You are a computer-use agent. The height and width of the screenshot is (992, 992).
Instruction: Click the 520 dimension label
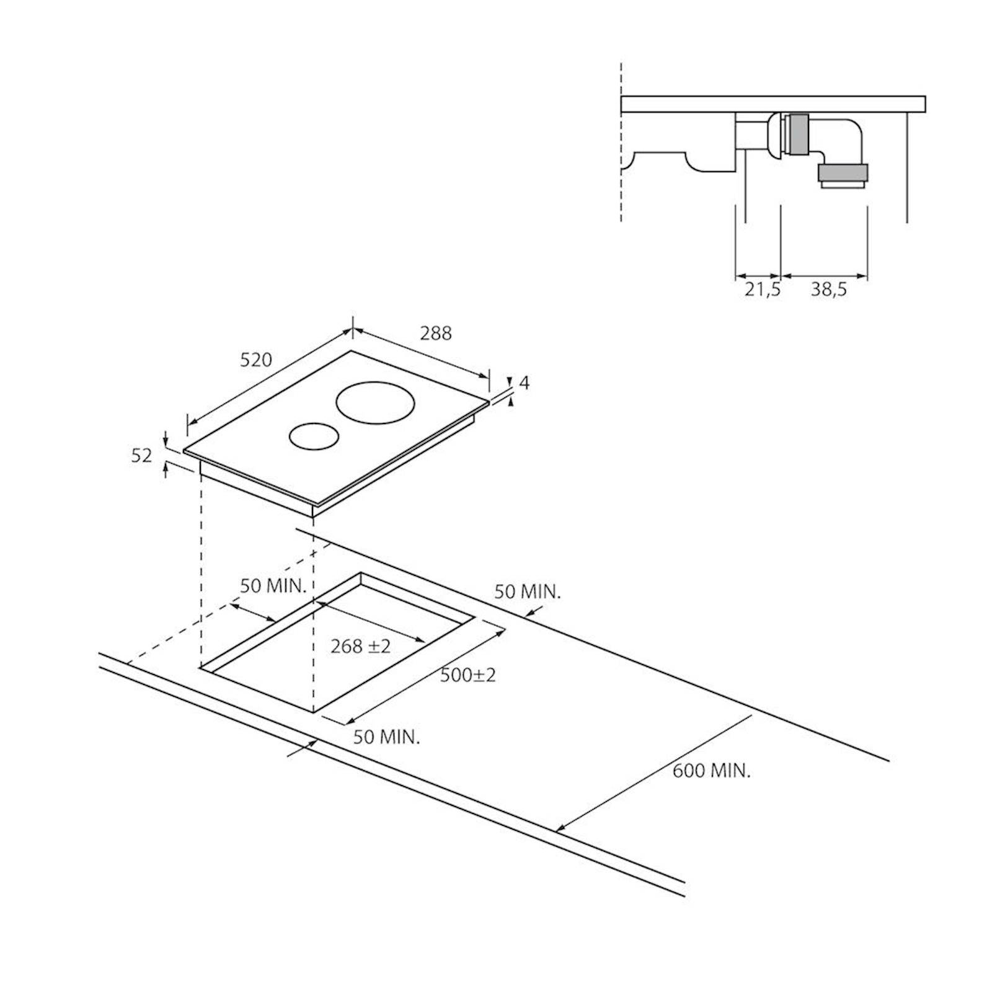256,360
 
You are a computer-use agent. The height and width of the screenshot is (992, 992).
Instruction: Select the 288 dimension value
436,333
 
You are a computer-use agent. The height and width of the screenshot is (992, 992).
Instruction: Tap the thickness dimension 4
525,383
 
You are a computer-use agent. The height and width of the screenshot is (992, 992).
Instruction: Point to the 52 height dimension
142,456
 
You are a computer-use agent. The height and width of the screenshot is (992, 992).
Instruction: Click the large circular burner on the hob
375,403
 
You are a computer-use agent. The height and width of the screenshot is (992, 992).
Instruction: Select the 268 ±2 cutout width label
361,646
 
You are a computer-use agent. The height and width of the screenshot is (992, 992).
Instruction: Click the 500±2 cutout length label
468,675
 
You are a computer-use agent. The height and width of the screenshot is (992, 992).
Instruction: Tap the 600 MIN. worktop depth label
712,771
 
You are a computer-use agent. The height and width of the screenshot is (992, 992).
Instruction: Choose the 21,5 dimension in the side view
762,289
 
